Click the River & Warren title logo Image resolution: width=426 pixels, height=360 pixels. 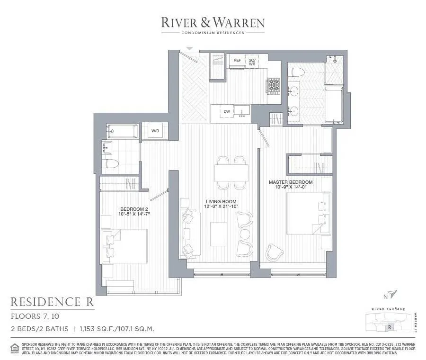213,22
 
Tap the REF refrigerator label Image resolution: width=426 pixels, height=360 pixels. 237,61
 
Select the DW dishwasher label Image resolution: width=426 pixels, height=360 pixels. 227,112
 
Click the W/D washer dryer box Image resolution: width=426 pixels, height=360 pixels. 155,131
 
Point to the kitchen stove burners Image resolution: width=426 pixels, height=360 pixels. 274,85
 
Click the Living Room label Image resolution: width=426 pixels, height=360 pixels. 221,203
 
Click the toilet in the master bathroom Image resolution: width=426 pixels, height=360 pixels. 296,73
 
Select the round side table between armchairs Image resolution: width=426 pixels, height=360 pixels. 245,234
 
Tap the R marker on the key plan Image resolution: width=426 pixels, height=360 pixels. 390,326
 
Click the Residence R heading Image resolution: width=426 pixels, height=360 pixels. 52,302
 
